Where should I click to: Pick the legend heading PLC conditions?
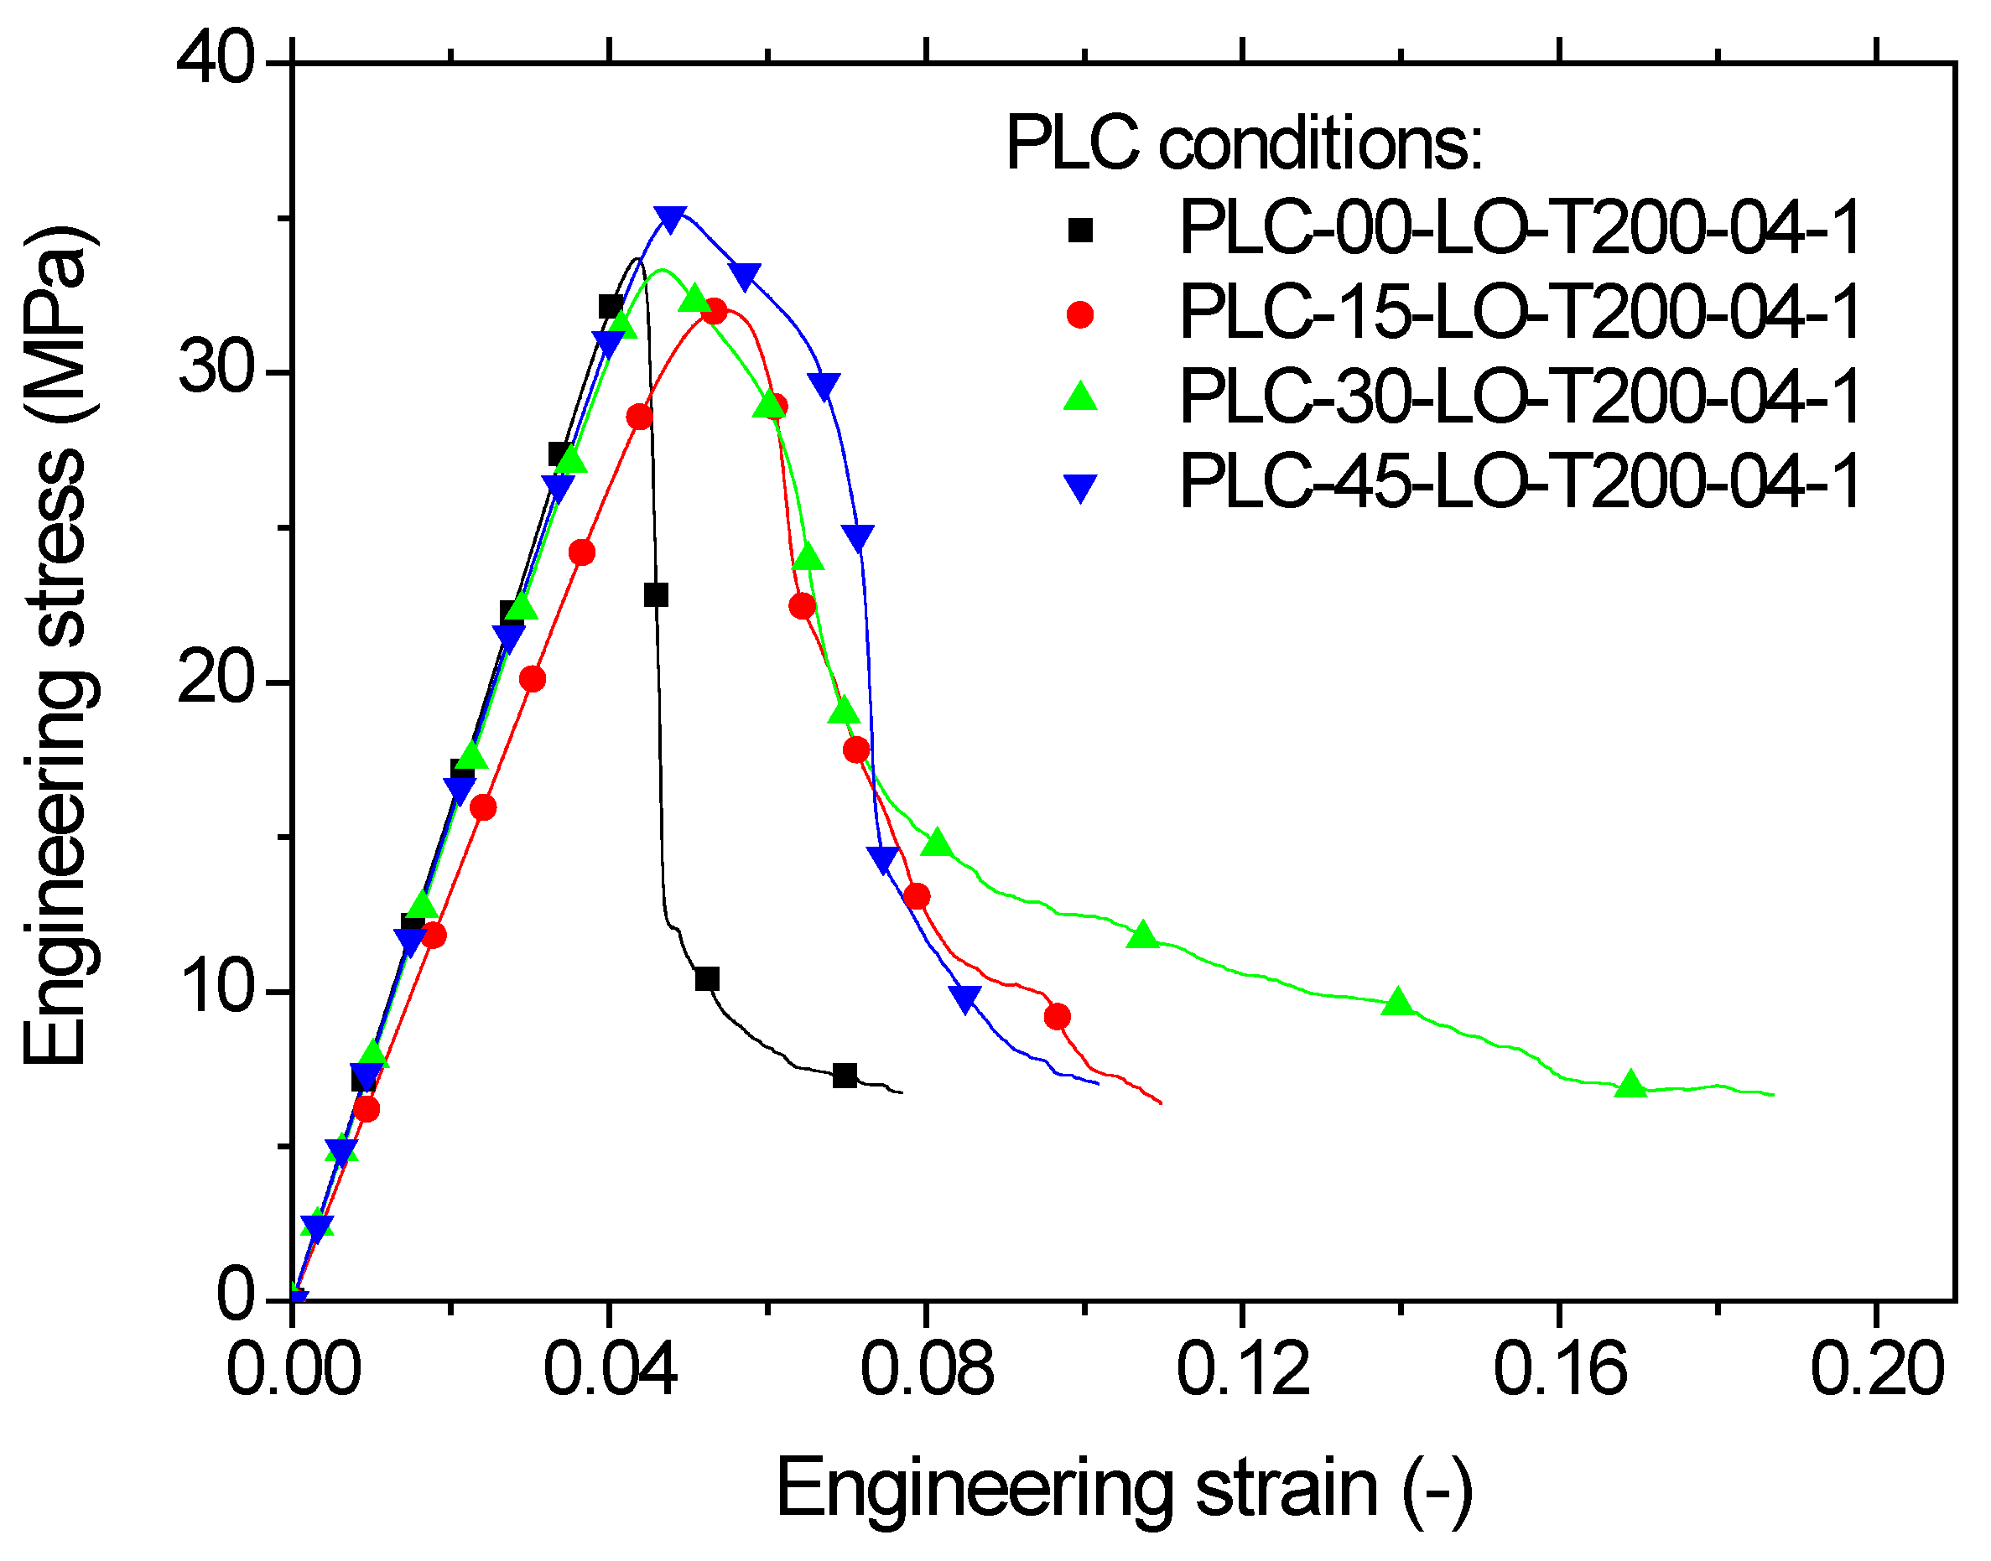(x=1243, y=143)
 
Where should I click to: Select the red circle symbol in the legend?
(x=1079, y=314)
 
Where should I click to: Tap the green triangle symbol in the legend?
(x=1079, y=397)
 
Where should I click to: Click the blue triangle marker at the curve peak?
(x=671, y=219)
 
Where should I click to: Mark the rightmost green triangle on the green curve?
(x=1631, y=1085)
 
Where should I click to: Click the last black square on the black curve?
(x=845, y=1076)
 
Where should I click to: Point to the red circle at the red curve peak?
(x=715, y=312)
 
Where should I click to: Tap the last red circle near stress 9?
(x=1057, y=1017)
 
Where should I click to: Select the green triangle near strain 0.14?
(x=1399, y=1003)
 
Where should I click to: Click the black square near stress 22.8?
(x=656, y=596)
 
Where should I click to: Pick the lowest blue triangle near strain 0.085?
(x=965, y=998)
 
